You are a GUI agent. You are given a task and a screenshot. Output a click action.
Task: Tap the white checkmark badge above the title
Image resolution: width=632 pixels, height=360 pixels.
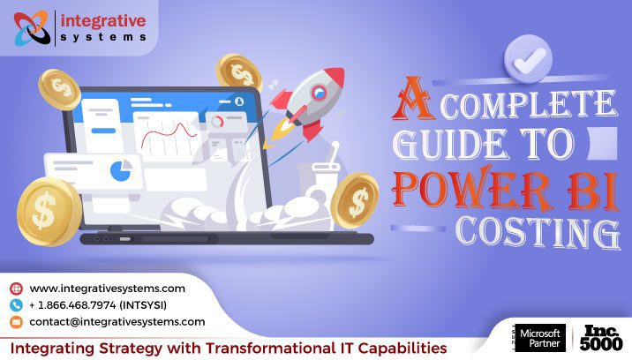click(x=527, y=59)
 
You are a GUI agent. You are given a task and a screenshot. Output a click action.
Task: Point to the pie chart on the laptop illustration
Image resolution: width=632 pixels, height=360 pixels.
click(x=117, y=168)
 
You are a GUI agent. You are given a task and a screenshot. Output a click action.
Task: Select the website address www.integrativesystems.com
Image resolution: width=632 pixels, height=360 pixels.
click(x=107, y=289)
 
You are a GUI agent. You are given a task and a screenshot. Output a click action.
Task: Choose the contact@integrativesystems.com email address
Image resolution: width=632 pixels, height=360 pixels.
click(x=117, y=322)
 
